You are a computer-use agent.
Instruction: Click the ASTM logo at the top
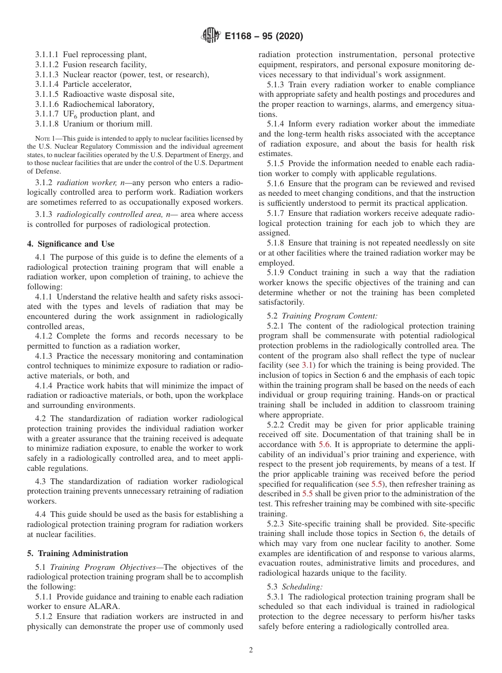coord(210,37)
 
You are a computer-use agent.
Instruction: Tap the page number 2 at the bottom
coord(251,650)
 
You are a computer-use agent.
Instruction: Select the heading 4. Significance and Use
coord(70,244)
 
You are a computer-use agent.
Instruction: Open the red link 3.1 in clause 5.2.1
coord(307,366)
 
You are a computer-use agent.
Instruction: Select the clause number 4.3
coord(42,481)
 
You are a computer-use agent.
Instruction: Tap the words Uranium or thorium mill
coord(107,124)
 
